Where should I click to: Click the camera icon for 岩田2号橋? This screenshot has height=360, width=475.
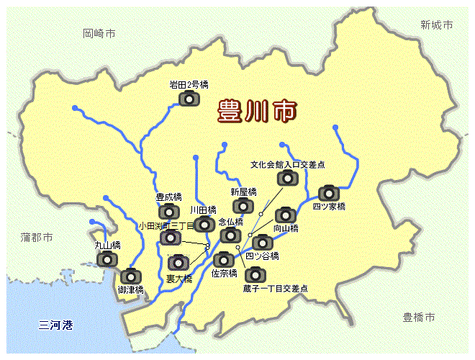pos(189,97)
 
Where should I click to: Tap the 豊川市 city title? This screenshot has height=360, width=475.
pos(258,112)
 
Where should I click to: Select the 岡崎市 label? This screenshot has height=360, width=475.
pos(99,33)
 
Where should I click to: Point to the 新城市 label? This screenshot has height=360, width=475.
pos(436,24)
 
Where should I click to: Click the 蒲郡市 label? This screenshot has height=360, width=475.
pos(37,236)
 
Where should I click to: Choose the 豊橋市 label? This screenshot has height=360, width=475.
pos(419,317)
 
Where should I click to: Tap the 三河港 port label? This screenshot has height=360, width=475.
pos(56,325)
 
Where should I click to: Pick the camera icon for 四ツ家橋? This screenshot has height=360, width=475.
pos(329,193)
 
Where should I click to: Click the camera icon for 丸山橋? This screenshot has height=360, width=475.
pos(108,258)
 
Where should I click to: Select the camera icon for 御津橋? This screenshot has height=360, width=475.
pos(131,276)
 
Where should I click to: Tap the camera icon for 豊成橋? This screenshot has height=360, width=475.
pos(168,211)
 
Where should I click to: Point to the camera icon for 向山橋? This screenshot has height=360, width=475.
pos(286,215)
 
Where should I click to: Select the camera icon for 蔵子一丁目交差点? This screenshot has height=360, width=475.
pos(255,274)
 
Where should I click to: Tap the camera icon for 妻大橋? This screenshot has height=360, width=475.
pos(178,263)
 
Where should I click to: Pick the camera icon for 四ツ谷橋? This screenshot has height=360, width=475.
pos(263,242)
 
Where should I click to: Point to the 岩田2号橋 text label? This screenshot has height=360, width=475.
pos(189,84)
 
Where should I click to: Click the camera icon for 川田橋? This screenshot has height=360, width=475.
pos(204,224)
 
